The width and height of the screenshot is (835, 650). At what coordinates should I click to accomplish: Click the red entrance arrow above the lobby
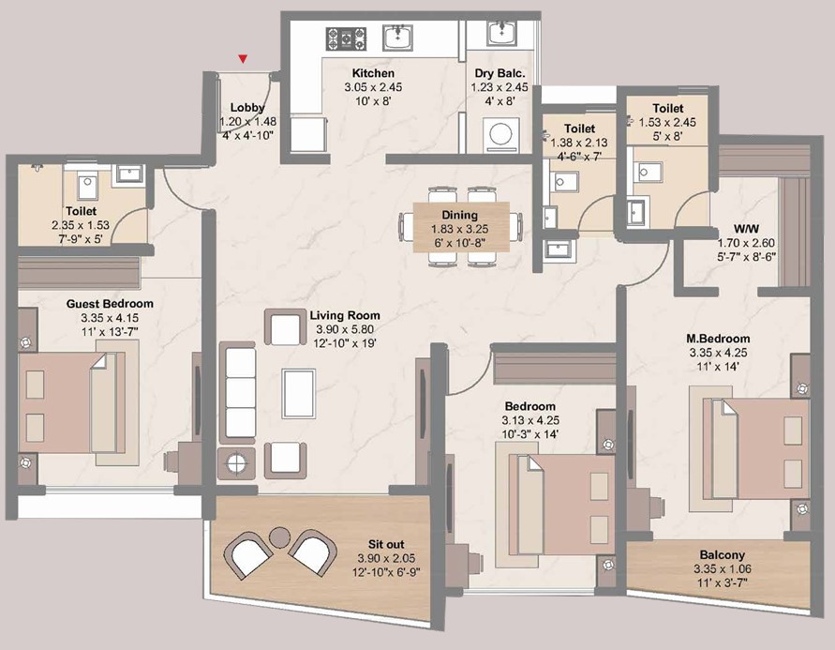click(x=243, y=58)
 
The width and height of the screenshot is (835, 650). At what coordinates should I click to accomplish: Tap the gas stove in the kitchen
click(x=346, y=38)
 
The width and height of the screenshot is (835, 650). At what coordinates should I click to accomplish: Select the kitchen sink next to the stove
click(x=397, y=38)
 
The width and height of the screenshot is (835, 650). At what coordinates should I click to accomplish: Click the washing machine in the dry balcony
click(x=500, y=134)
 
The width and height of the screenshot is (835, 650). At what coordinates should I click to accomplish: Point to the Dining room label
click(x=459, y=215)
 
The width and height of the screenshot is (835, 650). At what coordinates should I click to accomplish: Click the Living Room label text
click(x=345, y=315)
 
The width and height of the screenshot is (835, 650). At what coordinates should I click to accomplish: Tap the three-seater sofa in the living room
click(x=237, y=393)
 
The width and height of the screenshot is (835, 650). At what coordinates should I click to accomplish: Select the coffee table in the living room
click(x=299, y=393)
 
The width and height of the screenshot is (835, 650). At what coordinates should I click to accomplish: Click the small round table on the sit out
click(x=279, y=537)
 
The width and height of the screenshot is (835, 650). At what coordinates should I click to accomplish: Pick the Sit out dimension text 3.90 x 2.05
click(x=386, y=558)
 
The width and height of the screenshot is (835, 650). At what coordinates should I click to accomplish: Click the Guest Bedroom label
click(x=110, y=304)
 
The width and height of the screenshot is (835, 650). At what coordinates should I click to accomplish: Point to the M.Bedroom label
click(x=718, y=339)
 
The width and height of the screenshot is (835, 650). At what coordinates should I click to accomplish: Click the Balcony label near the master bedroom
click(x=723, y=554)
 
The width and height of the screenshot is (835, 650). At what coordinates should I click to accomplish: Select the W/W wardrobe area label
click(x=746, y=229)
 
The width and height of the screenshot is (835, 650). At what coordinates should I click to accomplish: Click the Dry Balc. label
click(x=500, y=73)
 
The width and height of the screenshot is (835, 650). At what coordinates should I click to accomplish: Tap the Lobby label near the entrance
click(x=247, y=108)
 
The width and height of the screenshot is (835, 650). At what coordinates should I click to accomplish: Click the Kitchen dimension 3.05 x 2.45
click(x=373, y=87)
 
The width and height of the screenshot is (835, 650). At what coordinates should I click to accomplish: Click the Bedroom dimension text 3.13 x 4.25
click(x=530, y=420)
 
